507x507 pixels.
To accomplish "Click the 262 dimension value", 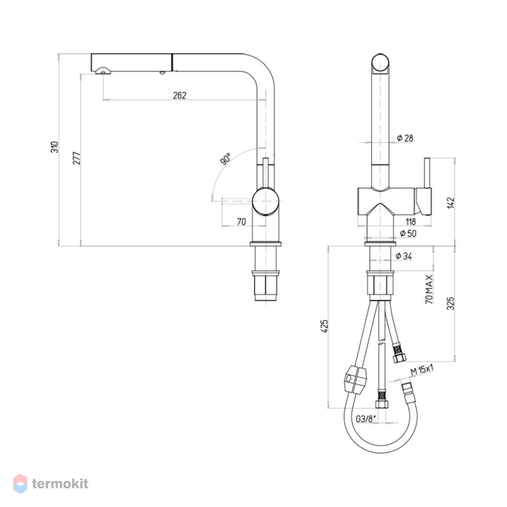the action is (x=179, y=95).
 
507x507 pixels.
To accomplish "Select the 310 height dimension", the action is (x=55, y=147).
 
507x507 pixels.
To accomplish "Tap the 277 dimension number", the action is (x=77, y=158).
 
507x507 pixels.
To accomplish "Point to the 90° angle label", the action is (x=225, y=159).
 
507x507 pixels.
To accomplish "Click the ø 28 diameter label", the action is (x=405, y=138).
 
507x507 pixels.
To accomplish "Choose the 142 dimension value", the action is (x=451, y=203).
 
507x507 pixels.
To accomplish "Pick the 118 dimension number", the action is (x=411, y=222).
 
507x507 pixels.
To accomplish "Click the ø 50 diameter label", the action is (x=408, y=233).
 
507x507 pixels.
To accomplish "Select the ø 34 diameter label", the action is (x=404, y=256).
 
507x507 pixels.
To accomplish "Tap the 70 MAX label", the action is (x=429, y=290).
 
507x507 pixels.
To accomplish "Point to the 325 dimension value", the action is (x=451, y=303).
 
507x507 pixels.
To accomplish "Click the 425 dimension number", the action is (x=324, y=326).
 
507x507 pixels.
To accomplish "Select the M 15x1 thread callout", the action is (x=422, y=370).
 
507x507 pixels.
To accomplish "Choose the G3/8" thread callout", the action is (x=366, y=419).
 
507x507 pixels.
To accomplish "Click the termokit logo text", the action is (x=60, y=483).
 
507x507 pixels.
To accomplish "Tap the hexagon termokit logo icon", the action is (x=20, y=483).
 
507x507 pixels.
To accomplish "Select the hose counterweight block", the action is (x=355, y=379).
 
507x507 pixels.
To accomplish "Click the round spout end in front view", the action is (x=381, y=64).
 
